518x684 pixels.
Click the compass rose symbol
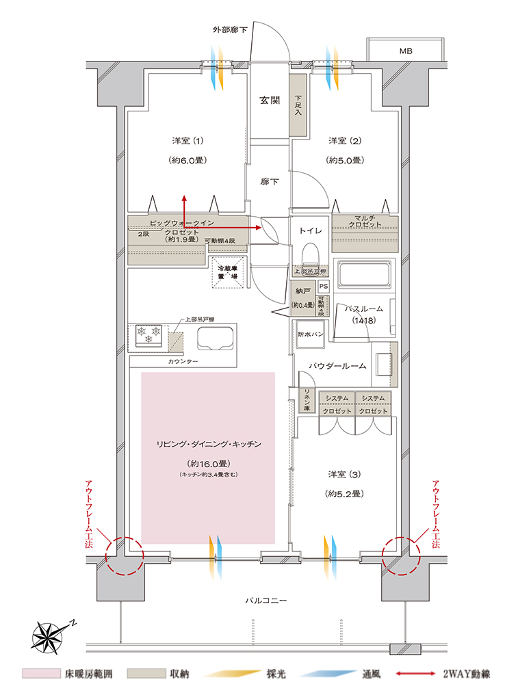50,635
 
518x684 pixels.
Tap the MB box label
406,51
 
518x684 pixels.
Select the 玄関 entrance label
269,100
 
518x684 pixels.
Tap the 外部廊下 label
229,31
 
